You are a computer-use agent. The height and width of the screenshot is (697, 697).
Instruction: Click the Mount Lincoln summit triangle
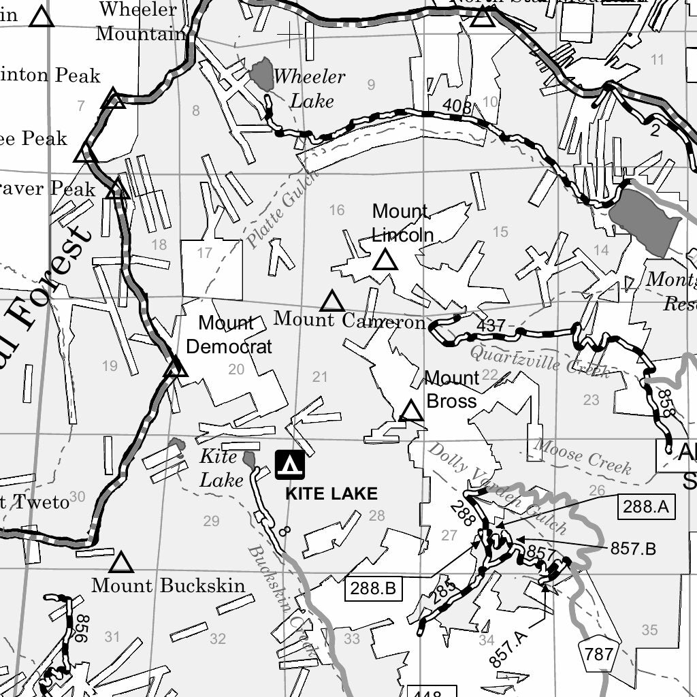pyautogui.click(x=385, y=260)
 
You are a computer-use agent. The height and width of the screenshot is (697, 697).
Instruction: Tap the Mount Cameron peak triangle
pyautogui.click(x=332, y=301)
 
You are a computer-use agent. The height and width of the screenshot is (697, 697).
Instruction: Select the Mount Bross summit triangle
pyautogui.click(x=411, y=411)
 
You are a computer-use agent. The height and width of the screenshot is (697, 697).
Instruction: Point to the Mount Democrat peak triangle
pyautogui.click(x=176, y=368)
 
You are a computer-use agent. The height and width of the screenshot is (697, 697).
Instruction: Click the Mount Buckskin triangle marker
pyautogui.click(x=121, y=563)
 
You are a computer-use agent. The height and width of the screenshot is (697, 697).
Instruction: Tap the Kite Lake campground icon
pyautogui.click(x=290, y=465)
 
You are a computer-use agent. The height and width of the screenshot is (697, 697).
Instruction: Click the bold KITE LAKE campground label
pyautogui.click(x=331, y=493)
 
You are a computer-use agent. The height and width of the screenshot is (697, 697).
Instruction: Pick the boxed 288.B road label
pyautogui.click(x=374, y=588)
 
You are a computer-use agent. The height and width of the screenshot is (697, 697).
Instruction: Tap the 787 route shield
pyautogui.click(x=598, y=655)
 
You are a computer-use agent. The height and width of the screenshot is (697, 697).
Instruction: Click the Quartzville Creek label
pyautogui.click(x=539, y=361)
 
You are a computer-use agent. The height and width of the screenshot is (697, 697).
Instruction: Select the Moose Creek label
pyautogui.click(x=583, y=456)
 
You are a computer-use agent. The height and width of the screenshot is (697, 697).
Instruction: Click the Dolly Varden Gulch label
pyautogui.click(x=497, y=487)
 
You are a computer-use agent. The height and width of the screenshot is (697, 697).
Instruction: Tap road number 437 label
pyautogui.click(x=490, y=326)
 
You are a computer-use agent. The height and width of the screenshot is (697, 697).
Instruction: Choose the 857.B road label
pyautogui.click(x=632, y=549)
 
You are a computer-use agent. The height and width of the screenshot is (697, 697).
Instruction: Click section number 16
pyautogui.click(x=337, y=210)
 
